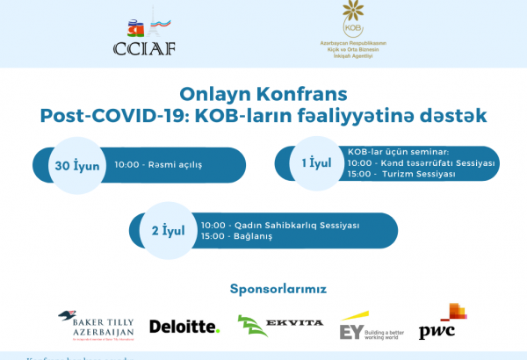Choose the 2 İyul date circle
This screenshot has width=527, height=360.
coord(167,232)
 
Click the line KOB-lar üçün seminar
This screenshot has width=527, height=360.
coord(398,151)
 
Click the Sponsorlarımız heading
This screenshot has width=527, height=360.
coord(278,288)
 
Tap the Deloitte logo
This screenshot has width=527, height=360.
coord(184,327)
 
